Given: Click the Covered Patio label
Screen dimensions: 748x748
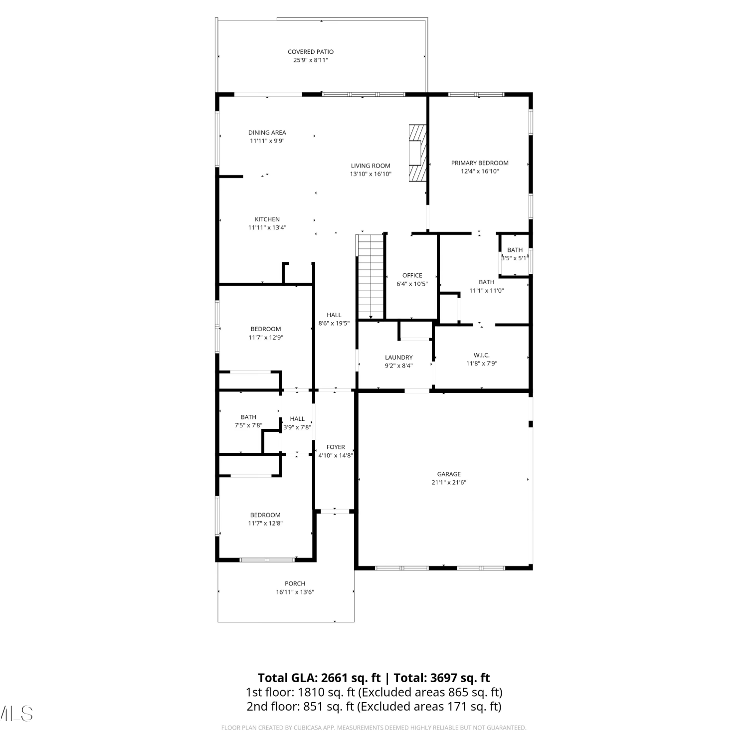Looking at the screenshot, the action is (311, 52).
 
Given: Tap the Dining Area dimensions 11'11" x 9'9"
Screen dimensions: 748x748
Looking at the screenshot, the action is (267, 141).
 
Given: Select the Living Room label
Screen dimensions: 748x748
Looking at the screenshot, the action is (371, 166).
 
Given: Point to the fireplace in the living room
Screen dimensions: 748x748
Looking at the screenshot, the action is (418, 152).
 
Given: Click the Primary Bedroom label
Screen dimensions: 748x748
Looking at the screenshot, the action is (480, 163).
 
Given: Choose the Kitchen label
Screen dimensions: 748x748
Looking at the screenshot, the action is (267, 219).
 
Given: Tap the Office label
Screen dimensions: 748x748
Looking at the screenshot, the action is (412, 275).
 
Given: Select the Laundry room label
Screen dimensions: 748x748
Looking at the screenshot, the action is (399, 358).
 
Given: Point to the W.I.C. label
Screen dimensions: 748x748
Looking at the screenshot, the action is (482, 356).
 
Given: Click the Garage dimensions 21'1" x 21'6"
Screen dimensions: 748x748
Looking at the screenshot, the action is (449, 483).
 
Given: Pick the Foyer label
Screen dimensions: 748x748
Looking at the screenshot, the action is (336, 447).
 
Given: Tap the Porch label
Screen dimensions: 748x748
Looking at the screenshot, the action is (295, 584).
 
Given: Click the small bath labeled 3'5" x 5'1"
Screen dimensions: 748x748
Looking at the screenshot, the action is (515, 254).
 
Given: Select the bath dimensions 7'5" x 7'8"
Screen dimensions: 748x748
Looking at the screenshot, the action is (248, 426).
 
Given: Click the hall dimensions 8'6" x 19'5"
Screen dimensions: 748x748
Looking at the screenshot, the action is (334, 324).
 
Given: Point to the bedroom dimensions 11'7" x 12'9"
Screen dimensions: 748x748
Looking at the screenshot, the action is (266, 338).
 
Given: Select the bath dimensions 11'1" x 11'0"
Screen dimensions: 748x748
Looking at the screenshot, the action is (487, 291).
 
